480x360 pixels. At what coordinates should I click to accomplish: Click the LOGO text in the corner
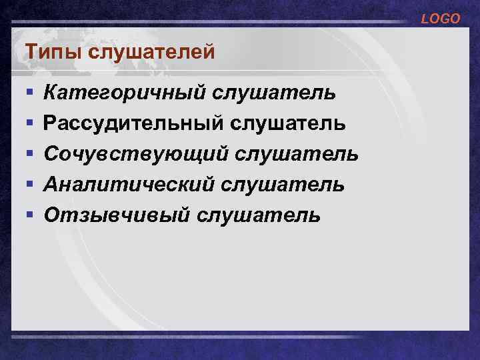pos(440,19)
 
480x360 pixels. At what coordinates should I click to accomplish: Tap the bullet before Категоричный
pos(28,92)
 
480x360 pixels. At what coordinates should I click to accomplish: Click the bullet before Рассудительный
pos(28,123)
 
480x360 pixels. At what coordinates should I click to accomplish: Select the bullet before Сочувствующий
pos(28,154)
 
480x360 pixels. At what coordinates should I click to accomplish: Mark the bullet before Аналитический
pos(28,185)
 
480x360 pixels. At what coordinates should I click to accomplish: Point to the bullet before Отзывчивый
pos(28,215)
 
